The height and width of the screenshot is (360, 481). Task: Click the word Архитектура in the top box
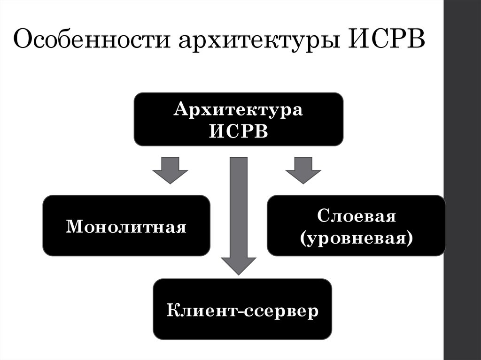click(238, 111)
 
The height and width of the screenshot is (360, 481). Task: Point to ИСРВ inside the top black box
click(238, 130)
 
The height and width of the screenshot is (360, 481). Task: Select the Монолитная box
click(126, 226)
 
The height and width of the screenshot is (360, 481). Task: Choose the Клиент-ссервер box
click(242, 309)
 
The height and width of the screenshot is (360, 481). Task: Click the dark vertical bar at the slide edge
click(462, 180)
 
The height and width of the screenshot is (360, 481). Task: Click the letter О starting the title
click(23, 41)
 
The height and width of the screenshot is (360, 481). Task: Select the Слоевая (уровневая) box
click(356, 226)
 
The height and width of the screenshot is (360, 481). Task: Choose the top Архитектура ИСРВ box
click(238, 119)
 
